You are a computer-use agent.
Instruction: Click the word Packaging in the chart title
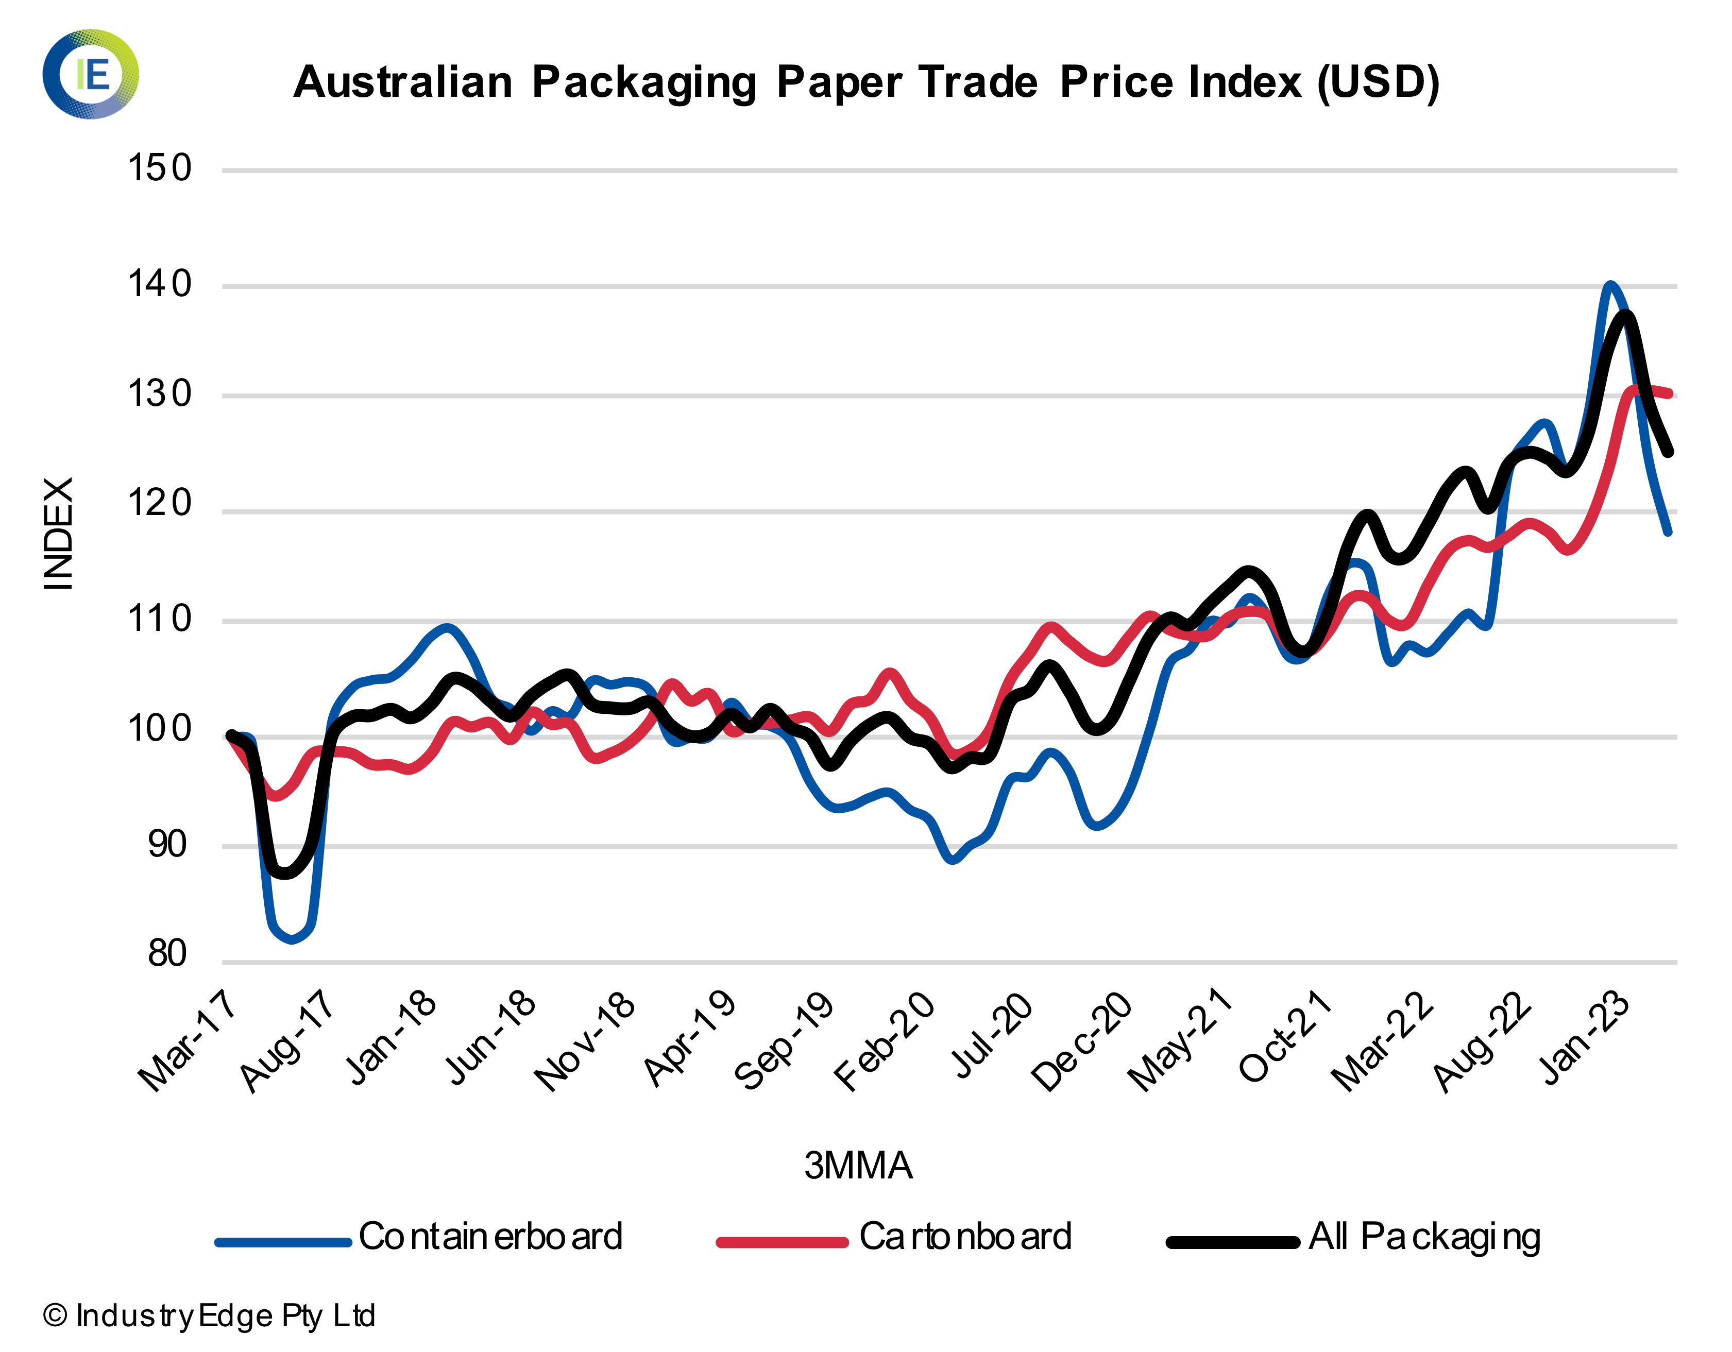pos(644,82)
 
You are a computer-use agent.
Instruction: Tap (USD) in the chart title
pos(1378,82)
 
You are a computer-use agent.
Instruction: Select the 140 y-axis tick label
pos(159,284)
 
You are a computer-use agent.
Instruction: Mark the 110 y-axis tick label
pos(159,619)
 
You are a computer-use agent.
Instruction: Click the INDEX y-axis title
pos(59,533)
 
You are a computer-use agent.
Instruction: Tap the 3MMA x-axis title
pos(858,1166)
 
